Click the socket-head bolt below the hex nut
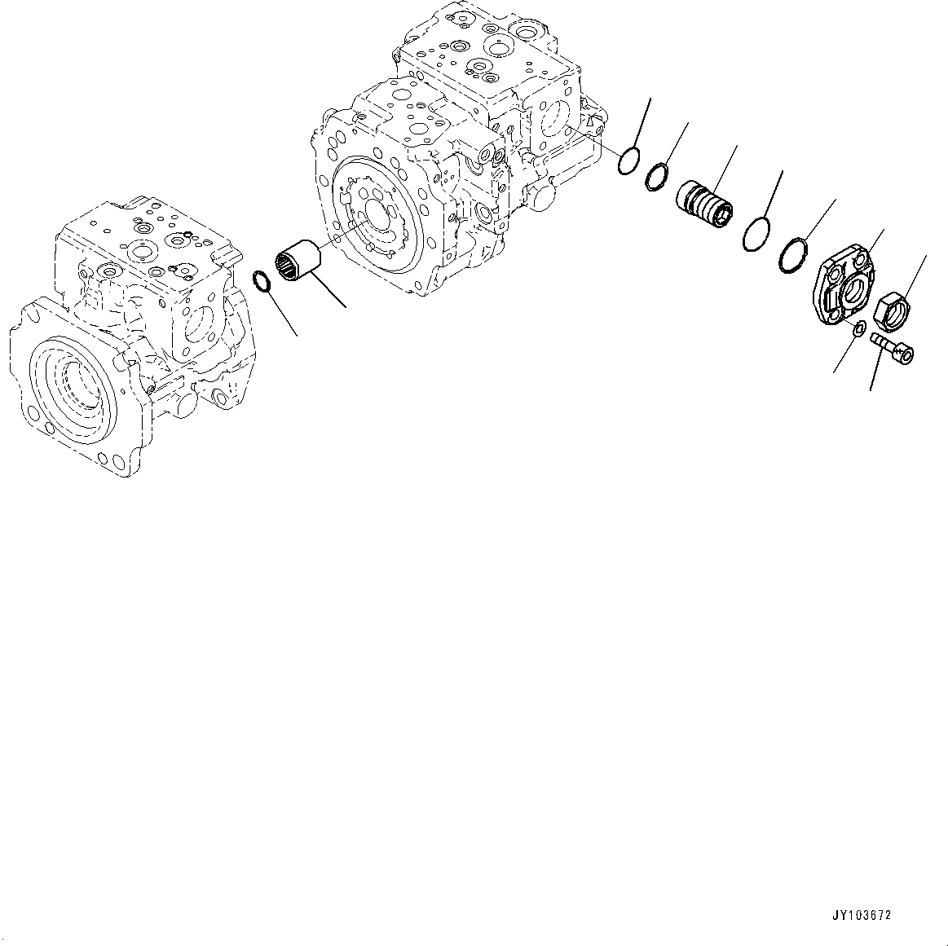click(893, 345)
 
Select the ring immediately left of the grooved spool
click(658, 175)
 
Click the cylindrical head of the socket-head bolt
click(905, 354)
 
